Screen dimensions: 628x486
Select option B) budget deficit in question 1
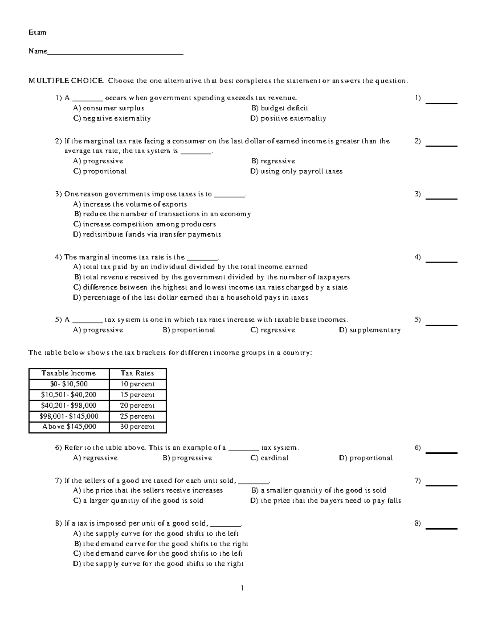tap(279, 108)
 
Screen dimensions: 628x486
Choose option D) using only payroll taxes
tap(296, 171)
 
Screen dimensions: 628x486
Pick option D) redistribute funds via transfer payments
tap(147, 234)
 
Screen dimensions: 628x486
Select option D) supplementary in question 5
tap(369, 330)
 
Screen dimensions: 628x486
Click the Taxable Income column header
tap(69, 373)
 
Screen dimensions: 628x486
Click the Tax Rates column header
tap(137, 373)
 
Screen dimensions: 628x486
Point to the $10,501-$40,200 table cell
tap(69, 395)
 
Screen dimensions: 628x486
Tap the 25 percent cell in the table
tap(137, 416)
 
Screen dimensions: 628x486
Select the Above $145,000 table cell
tap(69, 427)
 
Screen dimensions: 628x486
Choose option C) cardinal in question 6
tap(269, 458)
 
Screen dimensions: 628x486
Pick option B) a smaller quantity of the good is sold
tap(318, 490)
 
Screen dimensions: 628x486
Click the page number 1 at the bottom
tap(242, 588)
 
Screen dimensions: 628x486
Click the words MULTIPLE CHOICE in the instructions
tap(66, 80)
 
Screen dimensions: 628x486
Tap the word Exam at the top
tap(37, 32)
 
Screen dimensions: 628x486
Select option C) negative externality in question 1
tap(112, 118)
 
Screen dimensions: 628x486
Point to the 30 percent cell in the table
tap(137, 427)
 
